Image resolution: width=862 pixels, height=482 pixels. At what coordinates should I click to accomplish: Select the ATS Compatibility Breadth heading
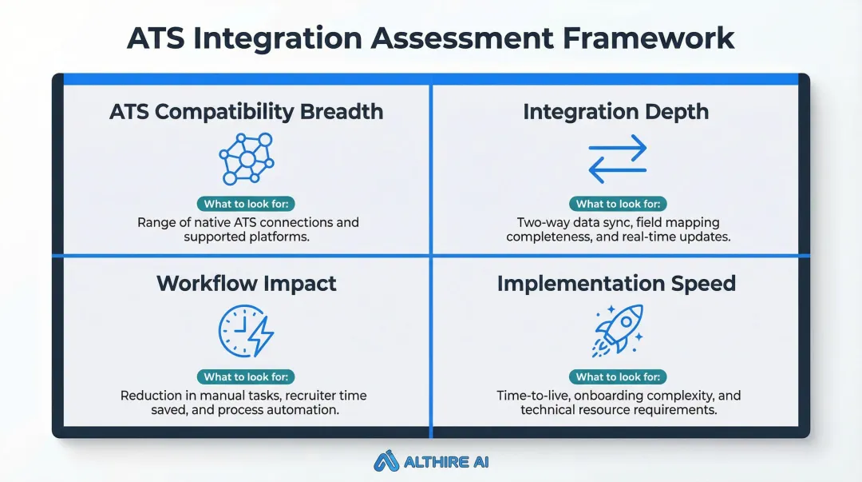point(247,111)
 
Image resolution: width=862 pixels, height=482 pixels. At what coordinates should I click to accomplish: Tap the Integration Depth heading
point(615,111)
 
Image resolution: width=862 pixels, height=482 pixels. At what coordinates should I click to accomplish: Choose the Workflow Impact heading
point(247,283)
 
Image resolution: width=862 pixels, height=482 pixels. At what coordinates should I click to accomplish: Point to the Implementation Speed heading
point(615,283)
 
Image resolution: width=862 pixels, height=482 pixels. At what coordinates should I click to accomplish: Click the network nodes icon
point(247,158)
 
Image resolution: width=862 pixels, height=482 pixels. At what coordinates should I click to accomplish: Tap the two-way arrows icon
point(616,158)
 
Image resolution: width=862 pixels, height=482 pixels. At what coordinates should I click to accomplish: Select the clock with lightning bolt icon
point(246,331)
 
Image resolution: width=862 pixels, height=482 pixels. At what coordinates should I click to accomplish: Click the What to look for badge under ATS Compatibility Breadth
point(247,204)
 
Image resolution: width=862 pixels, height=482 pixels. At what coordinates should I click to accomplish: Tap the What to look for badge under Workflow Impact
point(247,376)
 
